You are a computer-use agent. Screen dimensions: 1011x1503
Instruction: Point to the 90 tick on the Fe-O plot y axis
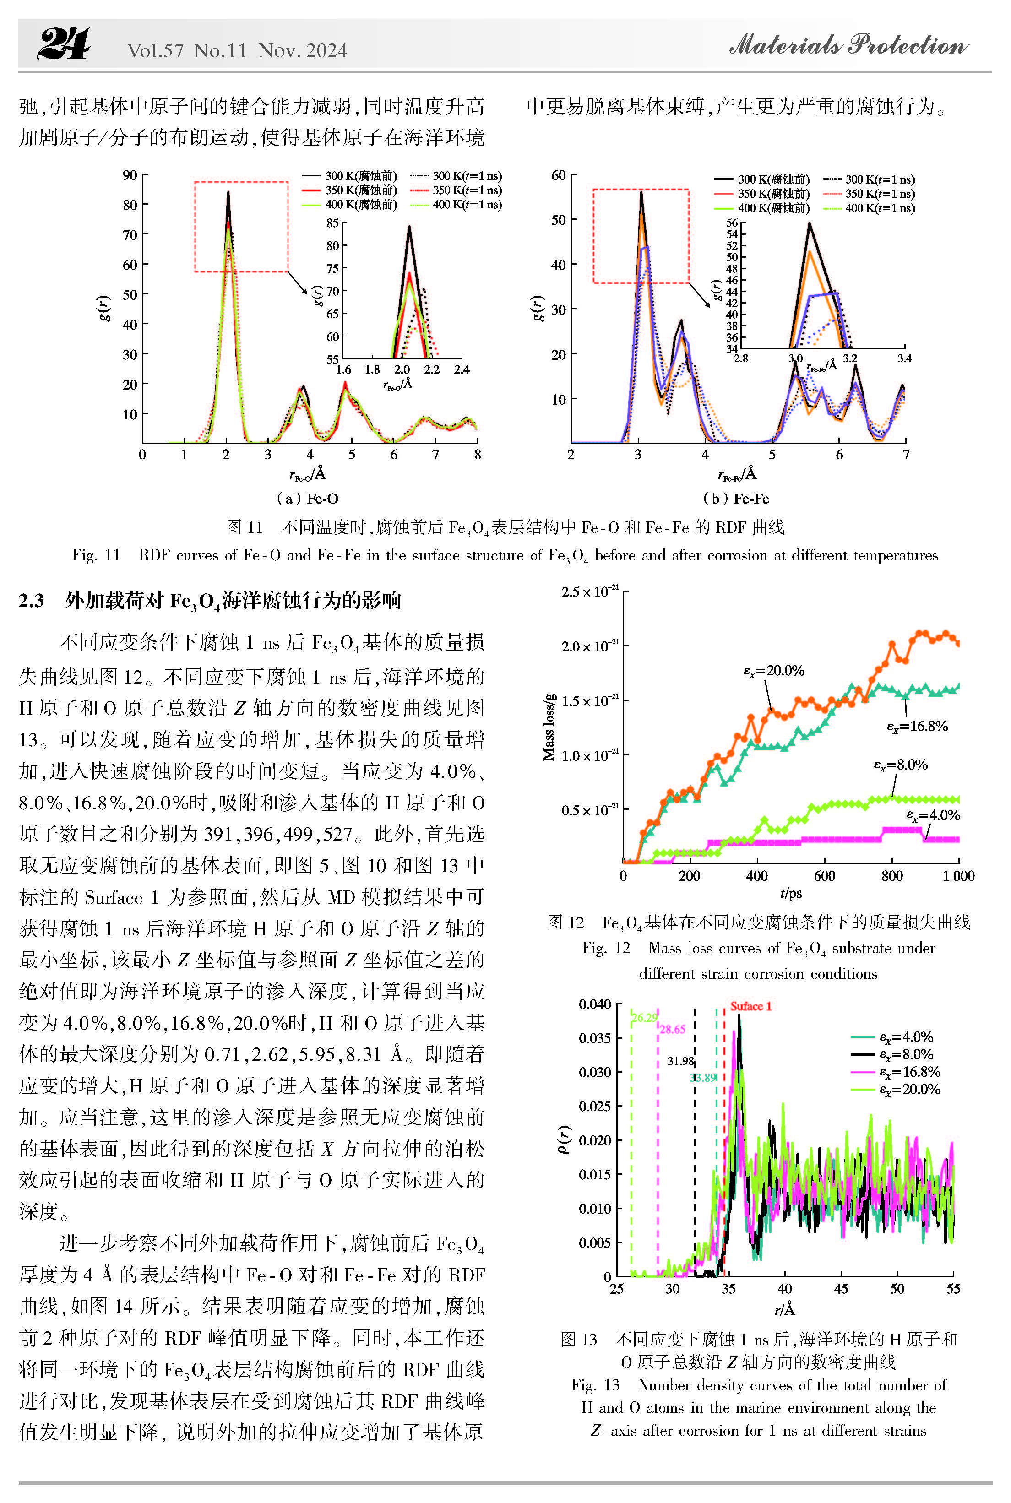130,175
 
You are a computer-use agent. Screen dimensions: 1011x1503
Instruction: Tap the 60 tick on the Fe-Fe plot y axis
558,175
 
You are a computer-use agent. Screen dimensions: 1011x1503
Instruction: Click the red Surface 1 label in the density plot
750,1006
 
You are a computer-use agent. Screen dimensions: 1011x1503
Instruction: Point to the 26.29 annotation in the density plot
644,1018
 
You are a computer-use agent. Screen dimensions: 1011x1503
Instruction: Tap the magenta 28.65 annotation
673,1029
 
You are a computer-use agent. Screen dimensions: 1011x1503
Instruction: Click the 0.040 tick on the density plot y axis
594,1004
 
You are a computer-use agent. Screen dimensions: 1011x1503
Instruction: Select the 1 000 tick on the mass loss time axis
959,875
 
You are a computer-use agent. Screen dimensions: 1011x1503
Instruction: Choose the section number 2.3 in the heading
31,601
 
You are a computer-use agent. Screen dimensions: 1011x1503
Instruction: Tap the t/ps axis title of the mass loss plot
791,893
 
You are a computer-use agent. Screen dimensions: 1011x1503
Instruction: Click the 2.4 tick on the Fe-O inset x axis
462,369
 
